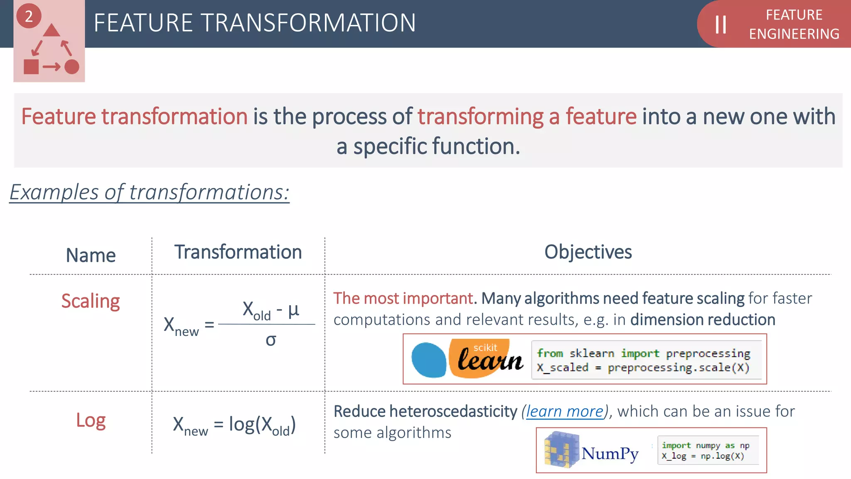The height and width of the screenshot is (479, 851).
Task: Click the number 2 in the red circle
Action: tap(29, 17)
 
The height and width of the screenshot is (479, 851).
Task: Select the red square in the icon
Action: tap(31, 67)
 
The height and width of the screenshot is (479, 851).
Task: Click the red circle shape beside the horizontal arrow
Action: tap(72, 67)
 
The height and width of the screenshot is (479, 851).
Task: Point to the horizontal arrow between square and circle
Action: tap(52, 67)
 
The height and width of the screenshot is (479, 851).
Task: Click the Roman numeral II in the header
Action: tap(721, 25)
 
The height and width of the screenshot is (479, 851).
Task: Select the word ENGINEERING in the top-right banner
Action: tap(794, 34)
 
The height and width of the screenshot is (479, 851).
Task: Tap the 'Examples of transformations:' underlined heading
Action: tap(149, 193)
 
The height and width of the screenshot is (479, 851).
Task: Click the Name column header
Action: tap(91, 255)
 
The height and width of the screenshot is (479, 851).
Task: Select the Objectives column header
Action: tap(588, 252)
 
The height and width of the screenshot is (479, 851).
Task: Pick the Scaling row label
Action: tap(91, 301)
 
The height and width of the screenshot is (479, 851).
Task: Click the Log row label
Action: tap(91, 420)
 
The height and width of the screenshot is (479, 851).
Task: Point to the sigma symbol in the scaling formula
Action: tap(271, 341)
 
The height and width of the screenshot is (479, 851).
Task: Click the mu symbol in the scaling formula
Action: tap(293, 309)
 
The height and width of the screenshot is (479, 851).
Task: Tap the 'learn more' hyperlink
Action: tap(565, 412)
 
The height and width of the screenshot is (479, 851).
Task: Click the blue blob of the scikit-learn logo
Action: tap(428, 360)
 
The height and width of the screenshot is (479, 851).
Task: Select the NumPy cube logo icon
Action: tap(561, 450)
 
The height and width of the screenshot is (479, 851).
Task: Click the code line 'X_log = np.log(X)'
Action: tap(703, 456)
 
